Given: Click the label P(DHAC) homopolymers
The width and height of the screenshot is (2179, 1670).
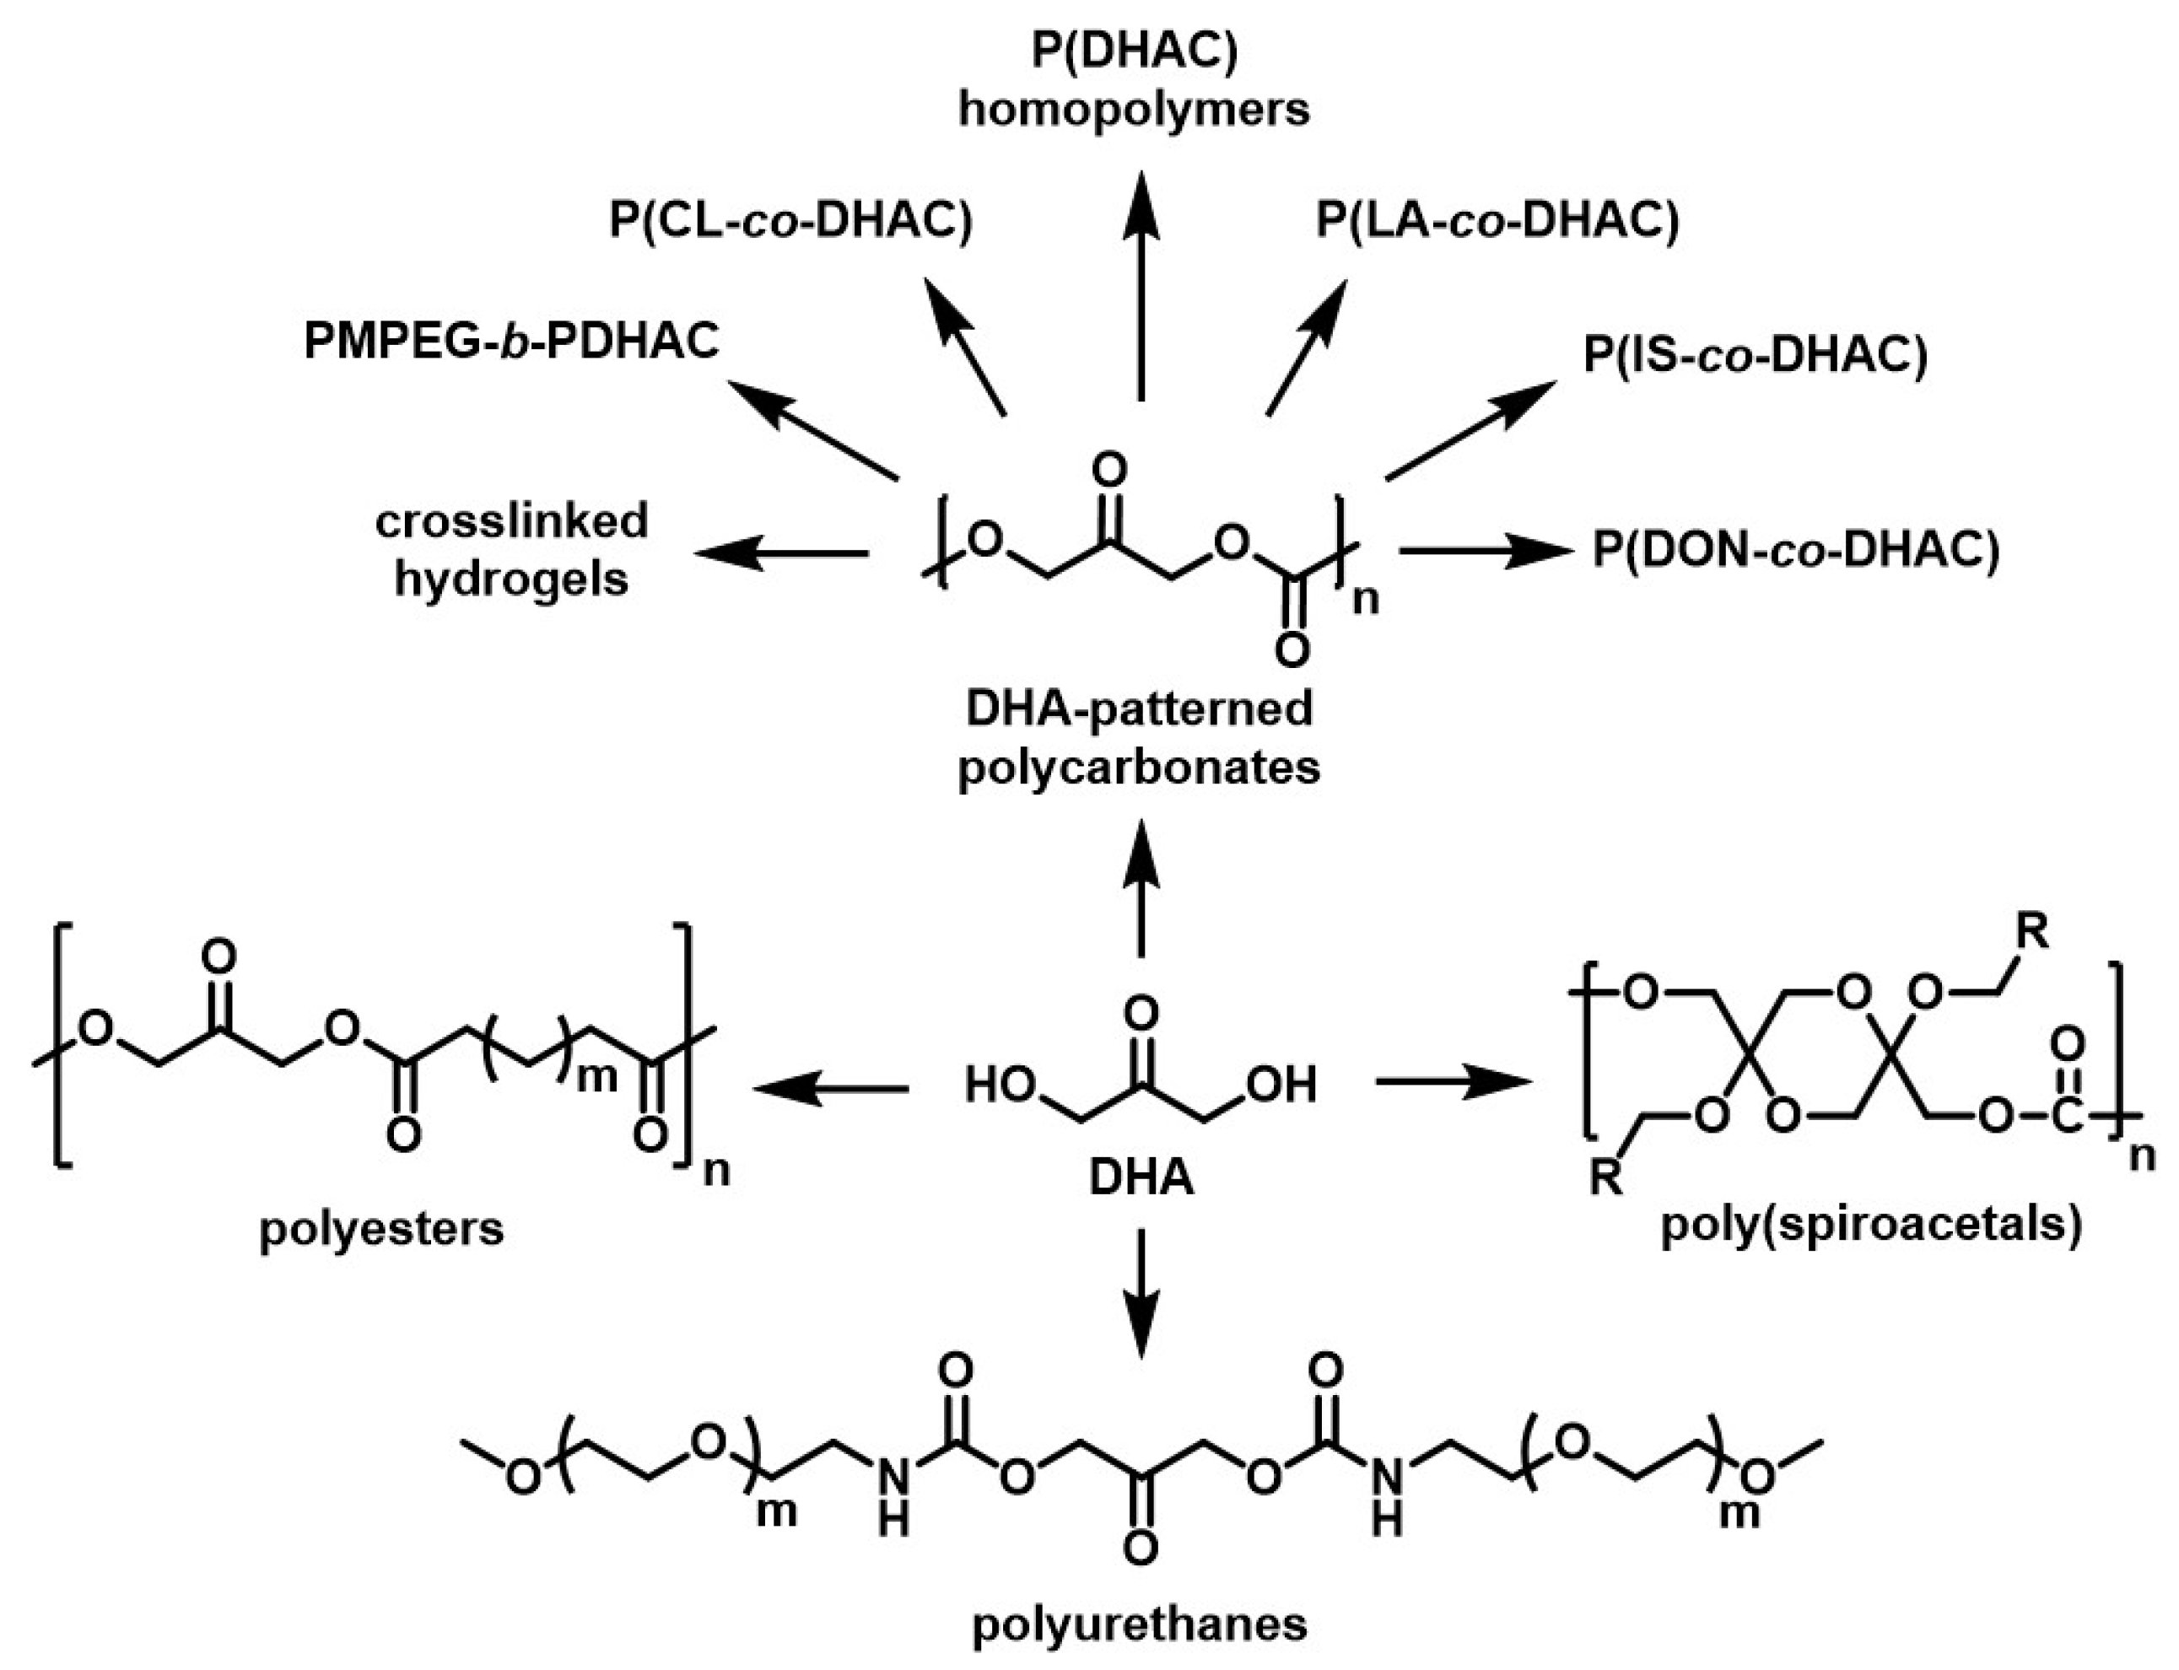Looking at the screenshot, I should tap(1133, 79).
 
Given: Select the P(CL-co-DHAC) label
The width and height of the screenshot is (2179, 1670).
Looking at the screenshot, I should tap(790, 221).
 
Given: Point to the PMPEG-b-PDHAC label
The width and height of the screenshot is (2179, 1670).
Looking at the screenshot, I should tap(511, 341).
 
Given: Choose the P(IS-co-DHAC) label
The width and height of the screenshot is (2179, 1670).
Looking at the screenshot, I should tap(1755, 355).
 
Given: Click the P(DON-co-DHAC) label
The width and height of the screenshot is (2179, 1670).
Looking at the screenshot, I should tap(1795, 550).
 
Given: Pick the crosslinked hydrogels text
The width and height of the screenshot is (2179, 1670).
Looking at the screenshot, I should tap(511, 549).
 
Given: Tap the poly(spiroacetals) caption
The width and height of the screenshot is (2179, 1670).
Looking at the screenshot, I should tap(1871, 1225).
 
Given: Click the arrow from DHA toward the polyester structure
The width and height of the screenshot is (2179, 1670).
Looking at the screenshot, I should tap(830, 1091).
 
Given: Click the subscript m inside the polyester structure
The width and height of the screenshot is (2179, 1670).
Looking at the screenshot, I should tap(596, 1075).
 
